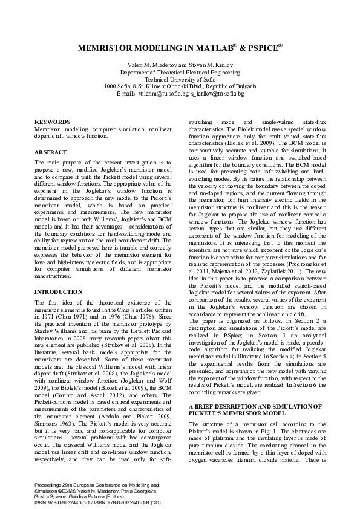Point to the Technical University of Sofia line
tap(180, 79)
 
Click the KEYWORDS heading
tap(52, 122)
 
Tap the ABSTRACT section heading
tap(50, 152)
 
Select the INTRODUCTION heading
tap(57, 291)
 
